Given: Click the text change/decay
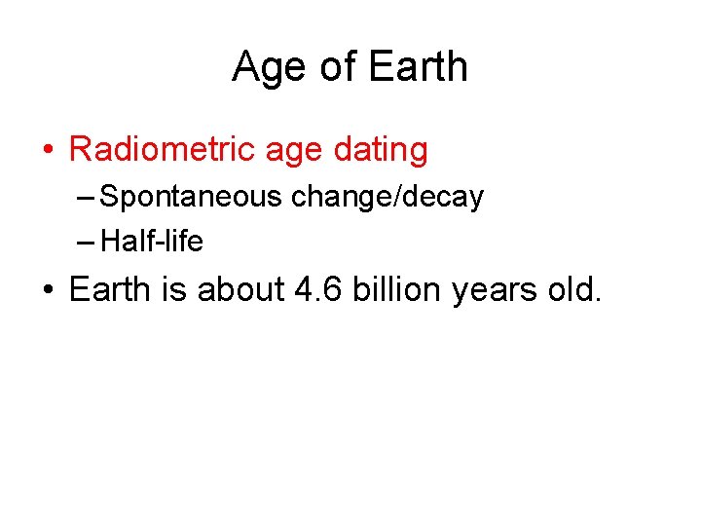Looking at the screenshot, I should point(387,198).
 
